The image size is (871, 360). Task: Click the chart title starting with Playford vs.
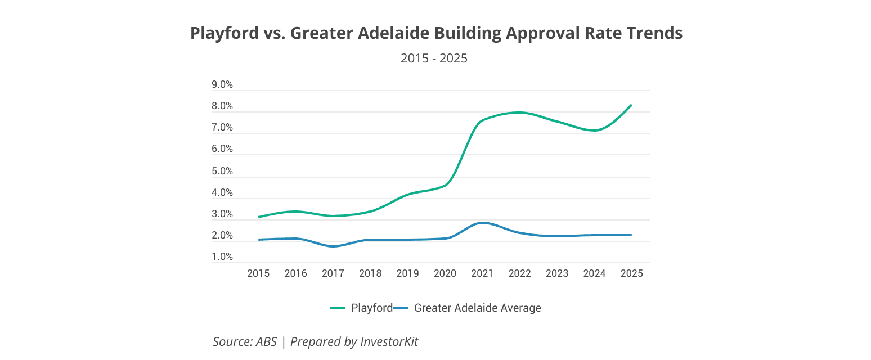436,33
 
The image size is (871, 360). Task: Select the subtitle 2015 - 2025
434,58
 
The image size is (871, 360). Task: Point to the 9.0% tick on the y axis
222,85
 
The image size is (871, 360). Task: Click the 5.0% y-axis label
222,172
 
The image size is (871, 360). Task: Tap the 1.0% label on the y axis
222,257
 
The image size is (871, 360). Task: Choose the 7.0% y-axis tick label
222,128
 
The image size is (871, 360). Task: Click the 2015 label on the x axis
258,273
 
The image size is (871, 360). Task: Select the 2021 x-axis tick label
482,273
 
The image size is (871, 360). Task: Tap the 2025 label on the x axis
631,273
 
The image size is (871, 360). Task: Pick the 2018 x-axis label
370,273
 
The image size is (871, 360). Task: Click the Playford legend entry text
371,308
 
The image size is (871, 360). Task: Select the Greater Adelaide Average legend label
477,308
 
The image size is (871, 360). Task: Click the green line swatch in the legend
338,308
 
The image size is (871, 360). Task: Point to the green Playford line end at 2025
631,105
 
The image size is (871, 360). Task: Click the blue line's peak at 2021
482,223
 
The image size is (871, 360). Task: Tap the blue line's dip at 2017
333,246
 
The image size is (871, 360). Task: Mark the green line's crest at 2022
519,112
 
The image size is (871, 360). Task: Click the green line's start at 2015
259,217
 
